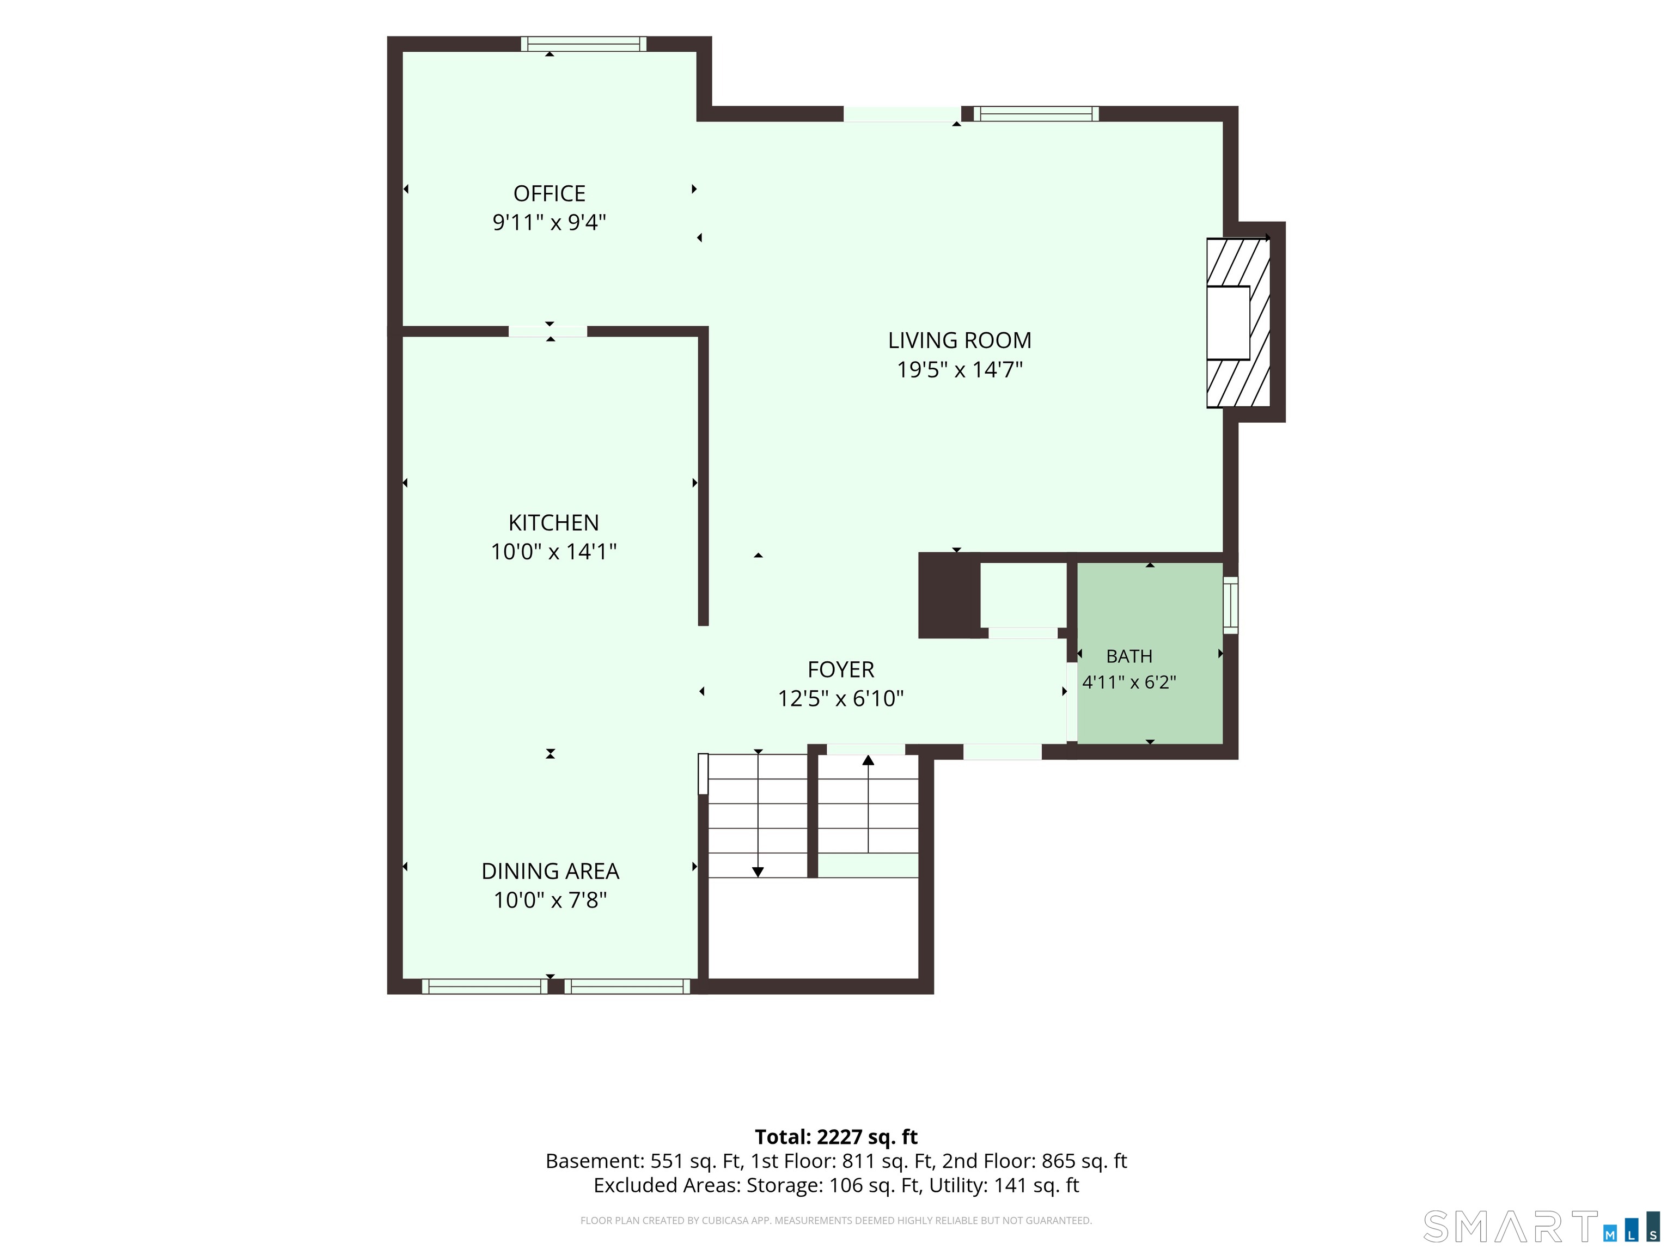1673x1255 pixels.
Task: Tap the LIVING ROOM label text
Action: [x=959, y=340]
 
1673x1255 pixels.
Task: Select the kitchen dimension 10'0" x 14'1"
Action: [x=554, y=551]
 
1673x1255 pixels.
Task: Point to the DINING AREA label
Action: [x=550, y=872]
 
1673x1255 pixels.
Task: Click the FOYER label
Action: [x=840, y=669]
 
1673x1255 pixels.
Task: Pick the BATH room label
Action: [x=1129, y=656]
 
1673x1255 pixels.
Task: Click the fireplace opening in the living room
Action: [x=1228, y=323]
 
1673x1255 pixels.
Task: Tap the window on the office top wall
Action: [x=583, y=44]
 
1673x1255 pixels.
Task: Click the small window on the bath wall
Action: [x=1231, y=605]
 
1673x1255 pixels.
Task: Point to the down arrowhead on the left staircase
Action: [x=758, y=872]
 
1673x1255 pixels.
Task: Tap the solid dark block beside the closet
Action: [x=949, y=595]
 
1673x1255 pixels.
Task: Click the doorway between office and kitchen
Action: [x=547, y=331]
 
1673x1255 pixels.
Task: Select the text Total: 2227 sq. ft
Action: [x=836, y=1137]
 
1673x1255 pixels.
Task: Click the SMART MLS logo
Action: [x=1541, y=1226]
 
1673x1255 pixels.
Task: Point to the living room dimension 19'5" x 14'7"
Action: [x=959, y=370]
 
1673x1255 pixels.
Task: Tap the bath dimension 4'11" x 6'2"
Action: [x=1129, y=683]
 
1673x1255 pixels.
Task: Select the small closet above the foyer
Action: [x=1023, y=595]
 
